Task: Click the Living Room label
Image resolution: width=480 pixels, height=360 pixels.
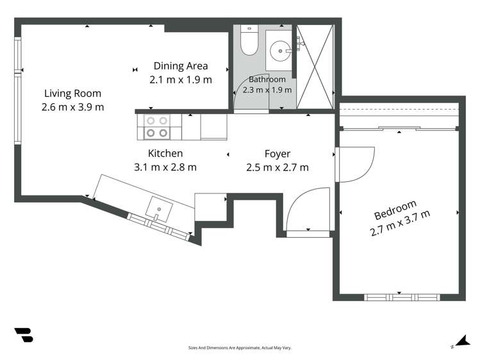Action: click(x=72, y=94)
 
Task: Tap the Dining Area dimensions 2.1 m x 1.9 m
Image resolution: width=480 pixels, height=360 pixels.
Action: click(x=181, y=80)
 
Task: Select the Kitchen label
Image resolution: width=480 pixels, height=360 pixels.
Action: click(x=165, y=153)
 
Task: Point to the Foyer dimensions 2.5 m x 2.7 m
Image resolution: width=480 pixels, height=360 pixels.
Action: click(x=277, y=168)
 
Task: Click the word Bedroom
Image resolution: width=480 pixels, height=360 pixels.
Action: click(x=395, y=210)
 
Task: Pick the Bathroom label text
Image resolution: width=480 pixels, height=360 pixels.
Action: click(x=267, y=79)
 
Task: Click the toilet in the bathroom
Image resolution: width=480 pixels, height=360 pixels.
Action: click(x=249, y=40)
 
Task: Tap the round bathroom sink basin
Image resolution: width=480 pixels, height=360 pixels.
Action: click(x=280, y=51)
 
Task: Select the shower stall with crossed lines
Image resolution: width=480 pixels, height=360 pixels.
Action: click(x=315, y=67)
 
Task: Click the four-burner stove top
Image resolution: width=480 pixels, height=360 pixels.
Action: click(x=157, y=127)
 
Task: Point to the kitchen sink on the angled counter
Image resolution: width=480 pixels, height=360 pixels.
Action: click(x=159, y=209)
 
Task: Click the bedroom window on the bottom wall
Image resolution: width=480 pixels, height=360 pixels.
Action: click(x=402, y=297)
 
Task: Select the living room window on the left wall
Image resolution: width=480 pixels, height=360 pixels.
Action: click(x=18, y=91)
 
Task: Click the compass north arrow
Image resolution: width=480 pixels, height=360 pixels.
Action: click(x=461, y=341)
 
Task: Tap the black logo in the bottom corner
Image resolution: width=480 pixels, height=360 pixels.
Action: click(x=24, y=335)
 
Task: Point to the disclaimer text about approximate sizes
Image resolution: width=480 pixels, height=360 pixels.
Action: click(x=240, y=348)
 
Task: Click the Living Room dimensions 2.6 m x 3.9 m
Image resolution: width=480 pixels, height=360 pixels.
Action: click(x=73, y=108)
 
